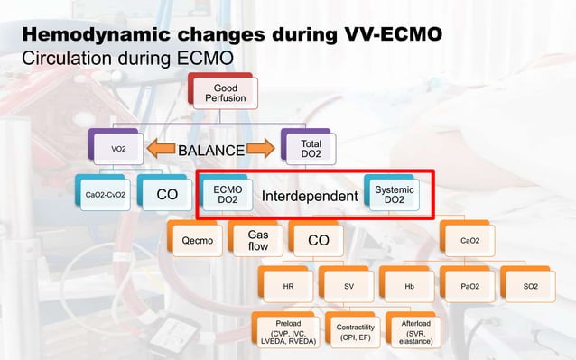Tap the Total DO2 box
(x=311, y=147)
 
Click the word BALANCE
(x=210, y=150)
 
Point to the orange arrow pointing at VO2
(x=163, y=149)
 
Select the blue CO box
(x=167, y=194)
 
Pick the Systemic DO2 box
(x=395, y=194)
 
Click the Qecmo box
(x=197, y=241)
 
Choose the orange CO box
(x=319, y=241)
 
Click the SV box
(x=348, y=286)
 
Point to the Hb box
(x=408, y=286)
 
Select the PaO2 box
(x=469, y=286)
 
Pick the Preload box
(x=286, y=332)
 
